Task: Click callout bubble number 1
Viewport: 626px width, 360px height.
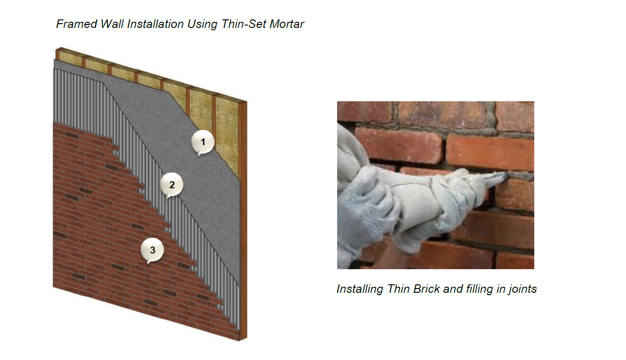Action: click(203, 142)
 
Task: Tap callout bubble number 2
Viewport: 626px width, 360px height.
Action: click(172, 185)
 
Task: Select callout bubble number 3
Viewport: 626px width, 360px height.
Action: click(152, 250)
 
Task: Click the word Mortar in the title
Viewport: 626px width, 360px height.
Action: click(287, 24)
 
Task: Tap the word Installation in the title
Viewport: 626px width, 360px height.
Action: click(156, 24)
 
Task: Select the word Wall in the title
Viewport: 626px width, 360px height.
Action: click(112, 24)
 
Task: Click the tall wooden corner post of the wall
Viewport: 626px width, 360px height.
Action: click(243, 221)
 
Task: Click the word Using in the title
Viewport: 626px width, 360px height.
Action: click(202, 25)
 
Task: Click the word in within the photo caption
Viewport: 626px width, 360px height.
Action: click(500, 289)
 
